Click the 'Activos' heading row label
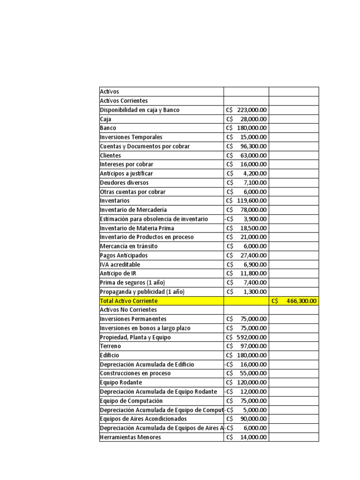coord(110,92)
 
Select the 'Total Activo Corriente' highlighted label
coord(129,301)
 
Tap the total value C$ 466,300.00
coord(294,301)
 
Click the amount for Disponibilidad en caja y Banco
coord(247,110)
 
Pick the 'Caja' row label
coord(105,119)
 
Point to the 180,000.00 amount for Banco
coord(247,128)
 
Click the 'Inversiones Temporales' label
coord(131,137)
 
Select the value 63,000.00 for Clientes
coord(247,156)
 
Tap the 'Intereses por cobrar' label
coord(127,165)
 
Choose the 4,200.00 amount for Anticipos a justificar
coord(247,173)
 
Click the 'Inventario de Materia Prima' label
coord(137,228)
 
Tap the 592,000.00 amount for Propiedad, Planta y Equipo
coord(247,337)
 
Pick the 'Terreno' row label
coord(110,346)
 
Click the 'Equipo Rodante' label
coord(121,382)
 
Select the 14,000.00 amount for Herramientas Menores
coord(247,437)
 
